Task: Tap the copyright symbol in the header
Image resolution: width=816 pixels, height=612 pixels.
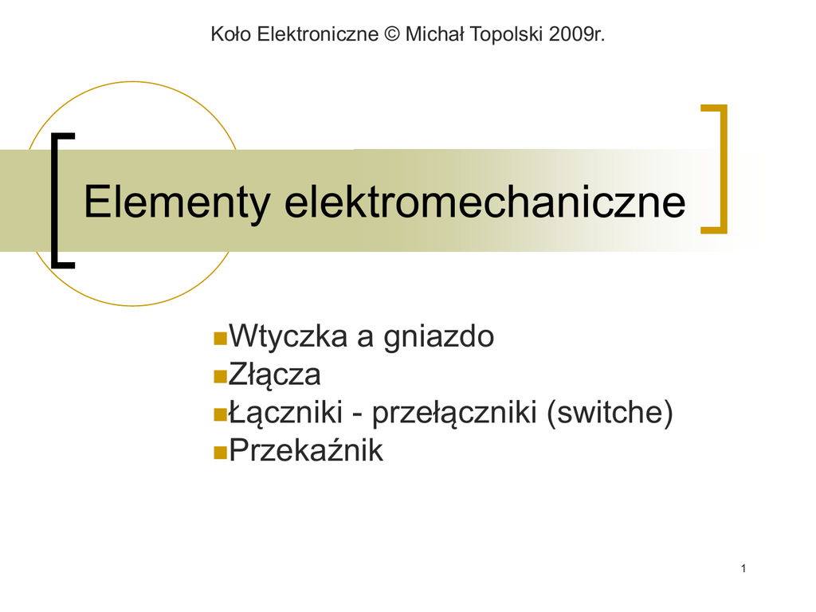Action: point(392,34)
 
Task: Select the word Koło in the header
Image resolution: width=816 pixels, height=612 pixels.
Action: point(231,34)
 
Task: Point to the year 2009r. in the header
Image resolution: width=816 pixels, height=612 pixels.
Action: point(577,34)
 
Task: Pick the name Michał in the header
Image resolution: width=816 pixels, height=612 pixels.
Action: point(434,34)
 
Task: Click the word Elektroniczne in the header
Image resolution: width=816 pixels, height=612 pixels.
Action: point(317,34)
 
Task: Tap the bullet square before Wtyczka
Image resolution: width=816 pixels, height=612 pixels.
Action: point(221,338)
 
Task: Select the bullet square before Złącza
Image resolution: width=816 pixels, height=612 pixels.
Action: point(221,376)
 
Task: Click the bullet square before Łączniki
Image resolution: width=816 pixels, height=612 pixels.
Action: point(221,414)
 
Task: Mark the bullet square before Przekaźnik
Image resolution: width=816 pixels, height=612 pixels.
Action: point(221,453)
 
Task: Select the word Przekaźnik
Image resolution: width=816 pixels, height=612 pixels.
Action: point(306,450)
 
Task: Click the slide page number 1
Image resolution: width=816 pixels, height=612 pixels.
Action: point(743,568)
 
